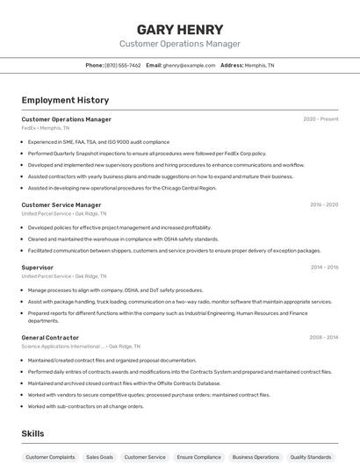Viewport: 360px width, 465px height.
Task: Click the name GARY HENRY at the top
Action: (180, 27)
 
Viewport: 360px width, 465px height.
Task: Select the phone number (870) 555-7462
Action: (122, 65)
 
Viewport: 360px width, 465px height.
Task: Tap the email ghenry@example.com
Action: (189, 65)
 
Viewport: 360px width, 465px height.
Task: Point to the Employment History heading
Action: (65, 100)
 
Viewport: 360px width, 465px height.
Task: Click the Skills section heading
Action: (33, 433)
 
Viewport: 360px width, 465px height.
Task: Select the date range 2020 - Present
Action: (320, 119)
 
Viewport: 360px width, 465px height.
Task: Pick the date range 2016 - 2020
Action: (323, 205)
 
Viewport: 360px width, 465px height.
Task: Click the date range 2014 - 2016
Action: (324, 268)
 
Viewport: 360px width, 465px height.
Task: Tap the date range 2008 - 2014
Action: (323, 338)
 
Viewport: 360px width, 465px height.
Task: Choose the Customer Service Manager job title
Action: (61, 205)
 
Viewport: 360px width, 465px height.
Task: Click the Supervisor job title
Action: (38, 268)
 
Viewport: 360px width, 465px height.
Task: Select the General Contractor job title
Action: (50, 338)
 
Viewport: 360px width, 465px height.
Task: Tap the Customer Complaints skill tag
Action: (49, 457)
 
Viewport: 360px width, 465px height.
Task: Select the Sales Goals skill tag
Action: (99, 457)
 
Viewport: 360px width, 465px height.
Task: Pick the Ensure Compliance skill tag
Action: (198, 457)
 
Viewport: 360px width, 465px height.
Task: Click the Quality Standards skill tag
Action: (311, 457)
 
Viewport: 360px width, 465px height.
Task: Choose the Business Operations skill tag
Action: (255, 457)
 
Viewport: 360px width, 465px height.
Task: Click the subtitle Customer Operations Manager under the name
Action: (180, 44)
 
